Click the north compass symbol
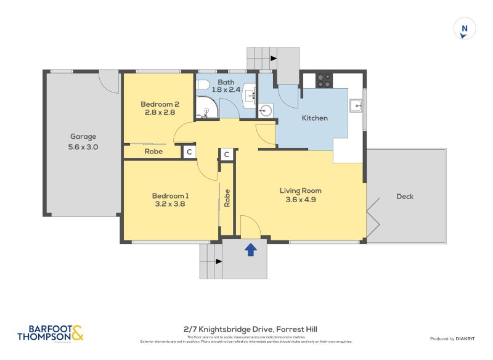465,29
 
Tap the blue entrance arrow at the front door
250,249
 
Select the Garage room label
83,137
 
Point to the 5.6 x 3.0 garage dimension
83,147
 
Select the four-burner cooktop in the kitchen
324,80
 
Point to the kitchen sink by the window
357,105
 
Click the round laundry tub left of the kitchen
266,111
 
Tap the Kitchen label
314,118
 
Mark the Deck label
405,197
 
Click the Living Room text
300,190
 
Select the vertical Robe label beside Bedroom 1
227,197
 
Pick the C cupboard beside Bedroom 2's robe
189,151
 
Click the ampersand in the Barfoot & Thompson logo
77,333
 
